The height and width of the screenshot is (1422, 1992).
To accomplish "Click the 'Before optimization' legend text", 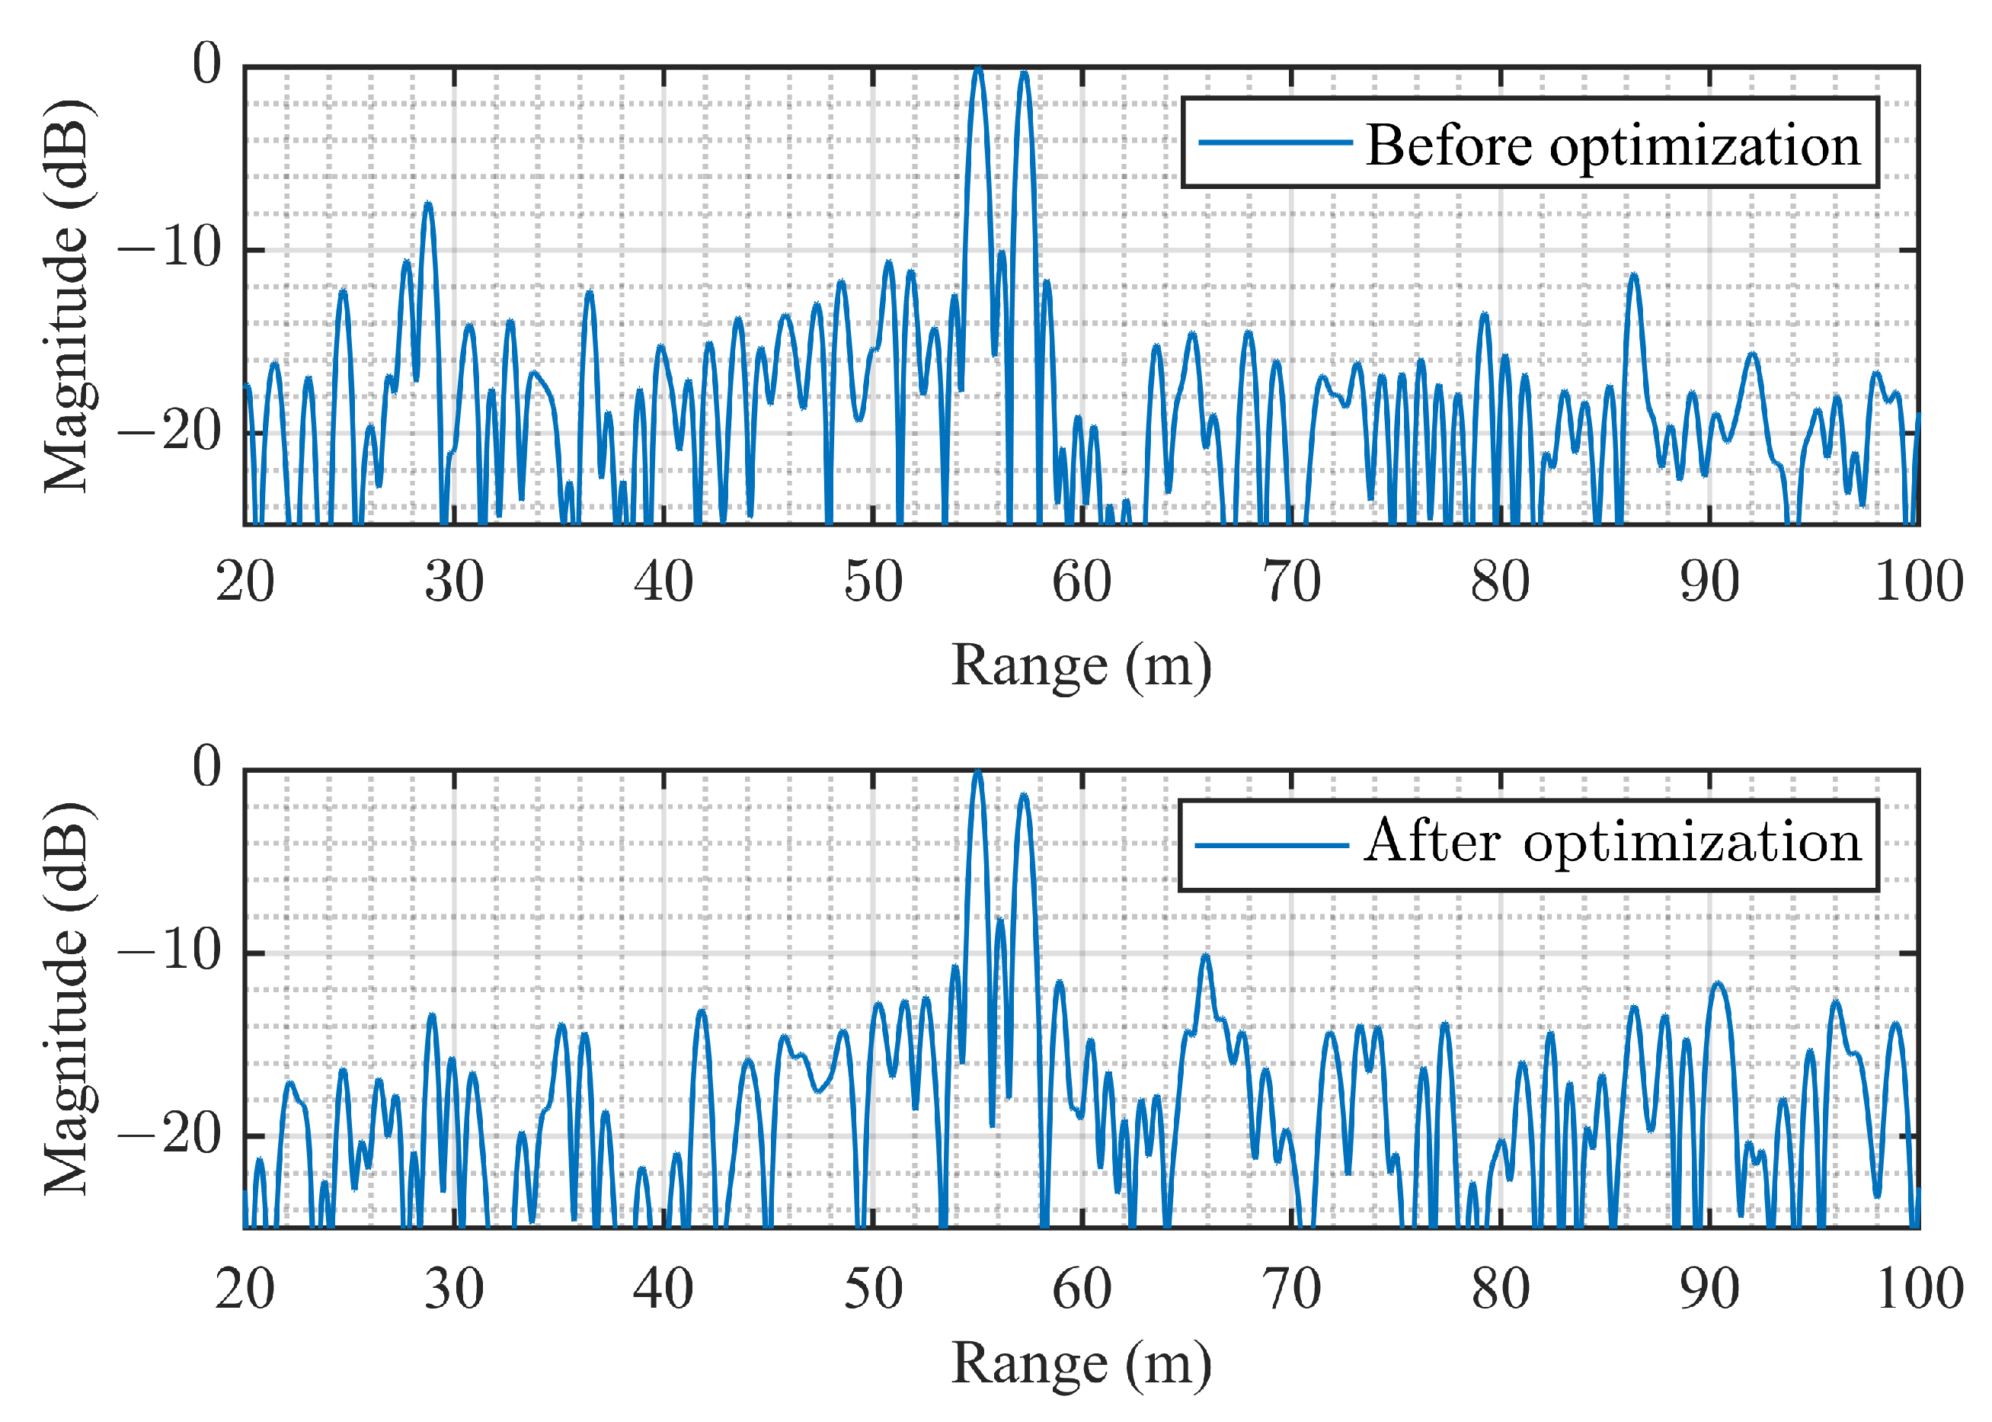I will click(1612, 146).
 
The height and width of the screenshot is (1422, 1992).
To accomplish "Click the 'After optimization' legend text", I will click(1612, 842).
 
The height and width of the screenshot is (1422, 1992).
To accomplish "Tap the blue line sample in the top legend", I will click(1275, 143).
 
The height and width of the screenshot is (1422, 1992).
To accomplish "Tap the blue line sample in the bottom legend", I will click(1271, 845).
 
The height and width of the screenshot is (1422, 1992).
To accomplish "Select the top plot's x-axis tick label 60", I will click(1082, 582).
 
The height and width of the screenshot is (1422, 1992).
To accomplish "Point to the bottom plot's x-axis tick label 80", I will click(1500, 1289).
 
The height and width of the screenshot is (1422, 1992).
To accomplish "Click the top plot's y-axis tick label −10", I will click(170, 248).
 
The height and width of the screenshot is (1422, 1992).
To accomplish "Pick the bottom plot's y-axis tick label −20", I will click(170, 1135).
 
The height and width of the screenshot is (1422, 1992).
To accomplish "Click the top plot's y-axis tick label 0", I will click(207, 65).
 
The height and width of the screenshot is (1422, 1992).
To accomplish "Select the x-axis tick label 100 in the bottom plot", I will click(1918, 1289).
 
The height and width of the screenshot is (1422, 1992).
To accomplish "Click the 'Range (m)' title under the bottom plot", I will click(1081, 1364).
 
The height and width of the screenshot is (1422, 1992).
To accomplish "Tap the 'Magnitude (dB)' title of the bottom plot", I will click(66, 998).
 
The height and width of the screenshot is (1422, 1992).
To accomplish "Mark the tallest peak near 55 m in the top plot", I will click(979, 69).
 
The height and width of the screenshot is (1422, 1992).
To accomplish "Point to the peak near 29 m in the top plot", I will click(428, 205).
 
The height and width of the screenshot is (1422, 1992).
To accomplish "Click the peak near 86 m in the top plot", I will click(1633, 277).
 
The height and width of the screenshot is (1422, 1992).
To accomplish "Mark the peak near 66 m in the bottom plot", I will click(1206, 956).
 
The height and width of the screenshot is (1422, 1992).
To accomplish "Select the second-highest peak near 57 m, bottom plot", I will click(1024, 796).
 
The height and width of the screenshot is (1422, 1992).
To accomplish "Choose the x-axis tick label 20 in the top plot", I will click(245, 582).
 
